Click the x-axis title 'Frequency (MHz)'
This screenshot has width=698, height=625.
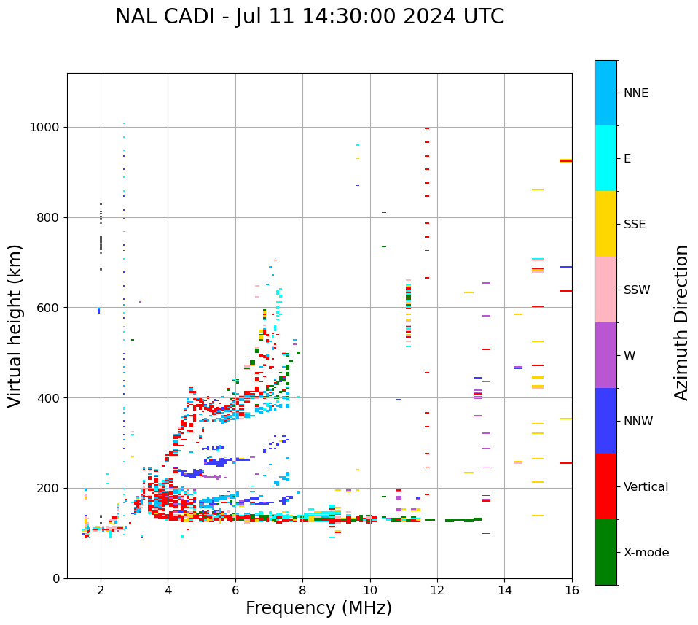[318, 608]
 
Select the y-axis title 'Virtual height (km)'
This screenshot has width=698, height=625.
[15, 326]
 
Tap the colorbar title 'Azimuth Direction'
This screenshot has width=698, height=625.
[681, 322]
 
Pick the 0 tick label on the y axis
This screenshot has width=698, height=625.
[55, 578]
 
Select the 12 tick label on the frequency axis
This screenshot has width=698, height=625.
[437, 590]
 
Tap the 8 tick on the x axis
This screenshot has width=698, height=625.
[302, 590]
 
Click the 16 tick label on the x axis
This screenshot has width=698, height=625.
[571, 590]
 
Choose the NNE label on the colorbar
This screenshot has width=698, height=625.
[635, 93]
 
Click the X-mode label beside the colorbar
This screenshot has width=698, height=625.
[646, 553]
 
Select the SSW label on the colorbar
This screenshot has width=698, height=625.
[637, 290]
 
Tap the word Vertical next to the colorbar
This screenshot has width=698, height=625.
[646, 487]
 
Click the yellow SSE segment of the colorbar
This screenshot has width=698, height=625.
[605, 224]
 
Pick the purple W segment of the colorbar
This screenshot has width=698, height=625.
[605, 355]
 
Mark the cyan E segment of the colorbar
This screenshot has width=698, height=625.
[605, 158]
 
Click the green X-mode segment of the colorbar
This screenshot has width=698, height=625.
[605, 552]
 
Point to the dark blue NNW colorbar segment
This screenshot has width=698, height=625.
[605, 421]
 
